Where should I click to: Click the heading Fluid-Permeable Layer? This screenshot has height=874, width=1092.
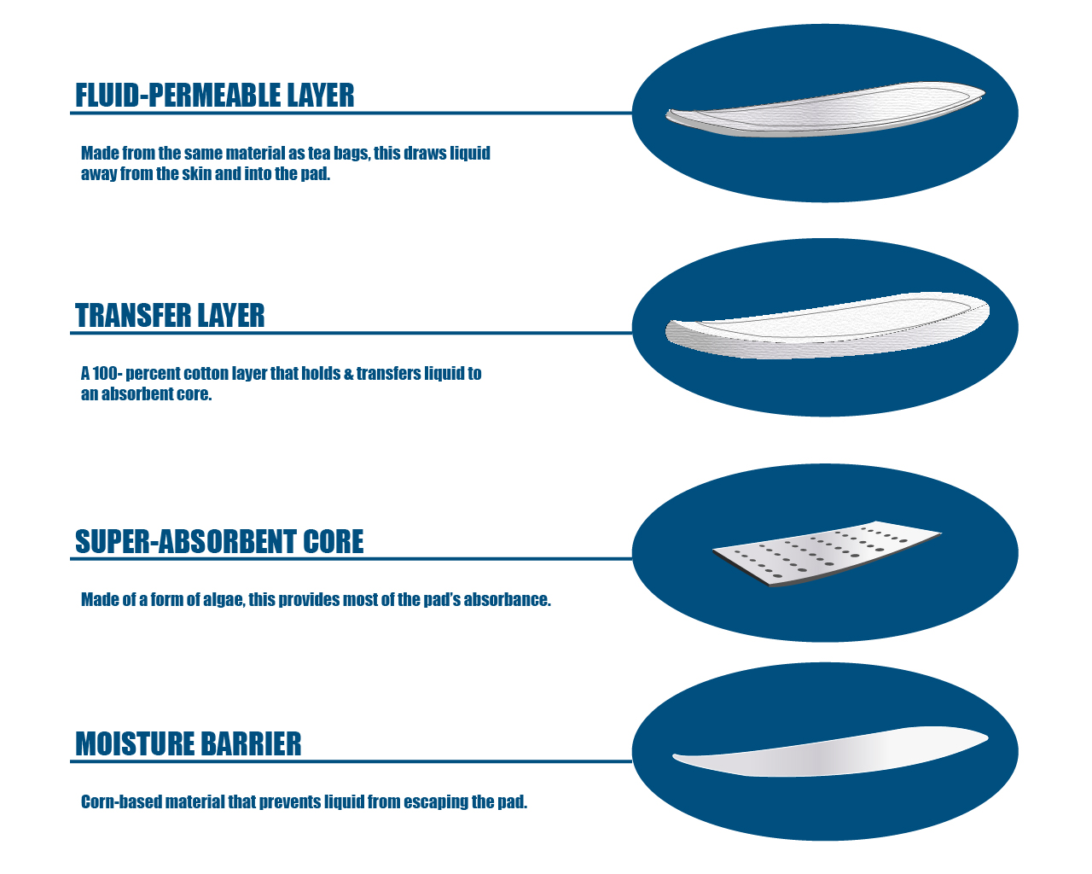(x=214, y=96)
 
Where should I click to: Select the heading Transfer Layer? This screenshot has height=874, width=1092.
(x=170, y=316)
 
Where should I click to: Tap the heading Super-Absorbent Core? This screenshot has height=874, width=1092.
(x=219, y=542)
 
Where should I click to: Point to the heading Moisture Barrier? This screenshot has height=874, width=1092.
(x=189, y=744)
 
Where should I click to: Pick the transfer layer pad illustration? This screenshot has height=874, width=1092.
(x=826, y=327)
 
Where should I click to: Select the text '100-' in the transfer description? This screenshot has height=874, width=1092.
(x=107, y=374)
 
